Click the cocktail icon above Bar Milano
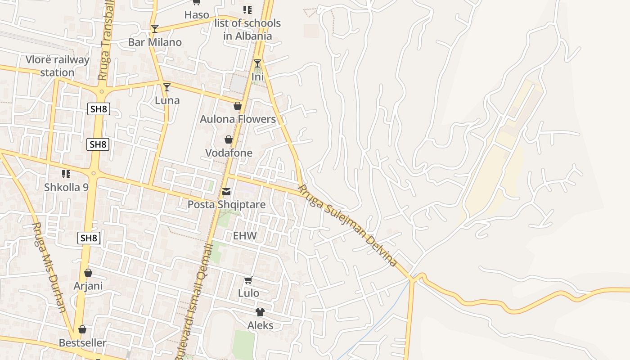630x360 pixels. click(x=155, y=29)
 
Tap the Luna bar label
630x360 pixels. click(x=167, y=100)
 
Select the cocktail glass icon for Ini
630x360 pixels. click(x=257, y=63)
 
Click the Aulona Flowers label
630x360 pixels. click(x=238, y=119)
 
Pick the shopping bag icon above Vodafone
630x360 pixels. click(x=229, y=139)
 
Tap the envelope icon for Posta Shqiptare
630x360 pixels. click(x=226, y=192)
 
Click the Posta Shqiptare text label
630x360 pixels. click(x=226, y=205)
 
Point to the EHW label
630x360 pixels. click(x=245, y=236)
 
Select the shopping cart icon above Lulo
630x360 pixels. click(x=248, y=280)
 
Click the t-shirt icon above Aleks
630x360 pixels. click(x=260, y=312)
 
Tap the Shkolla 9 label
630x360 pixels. click(x=66, y=187)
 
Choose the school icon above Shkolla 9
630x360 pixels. click(x=66, y=174)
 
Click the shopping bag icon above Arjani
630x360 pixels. click(x=88, y=273)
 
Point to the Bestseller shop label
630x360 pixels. click(x=83, y=343)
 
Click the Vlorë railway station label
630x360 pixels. click(x=57, y=66)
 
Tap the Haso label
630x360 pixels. click(x=197, y=15)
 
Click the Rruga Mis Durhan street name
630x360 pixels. click(x=49, y=267)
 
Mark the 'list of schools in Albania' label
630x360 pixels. click(x=247, y=30)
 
